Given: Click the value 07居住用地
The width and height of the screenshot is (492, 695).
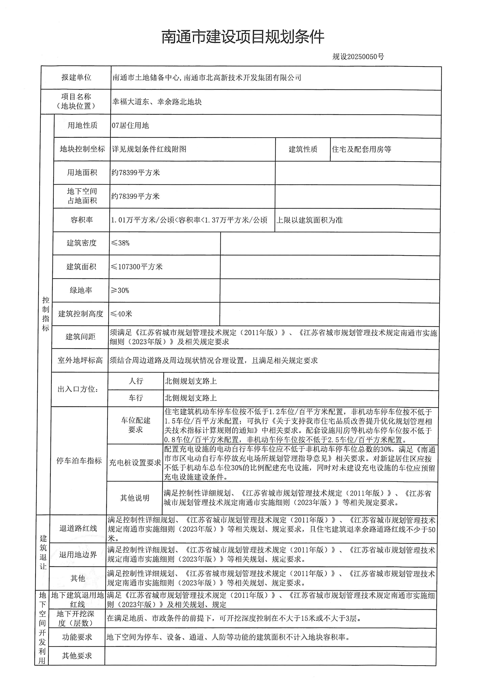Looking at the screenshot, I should (130, 125).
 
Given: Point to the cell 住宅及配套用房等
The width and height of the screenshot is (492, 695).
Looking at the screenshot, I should (361, 149).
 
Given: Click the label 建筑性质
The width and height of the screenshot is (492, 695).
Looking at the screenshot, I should (303, 149).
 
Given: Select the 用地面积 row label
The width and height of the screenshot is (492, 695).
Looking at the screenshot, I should (82, 173).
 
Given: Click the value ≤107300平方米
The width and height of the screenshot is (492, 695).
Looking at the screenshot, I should (137, 267).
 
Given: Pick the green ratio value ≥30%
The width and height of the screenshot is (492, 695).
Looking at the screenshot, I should (120, 290).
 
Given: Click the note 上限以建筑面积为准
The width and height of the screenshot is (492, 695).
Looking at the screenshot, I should (309, 220).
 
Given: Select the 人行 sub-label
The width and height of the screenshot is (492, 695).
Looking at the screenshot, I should (135, 381).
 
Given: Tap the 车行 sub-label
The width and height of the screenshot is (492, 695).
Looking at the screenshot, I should (135, 398).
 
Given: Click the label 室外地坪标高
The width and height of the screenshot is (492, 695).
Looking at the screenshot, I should (80, 360).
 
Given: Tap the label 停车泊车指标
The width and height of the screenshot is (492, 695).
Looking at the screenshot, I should (79, 461).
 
